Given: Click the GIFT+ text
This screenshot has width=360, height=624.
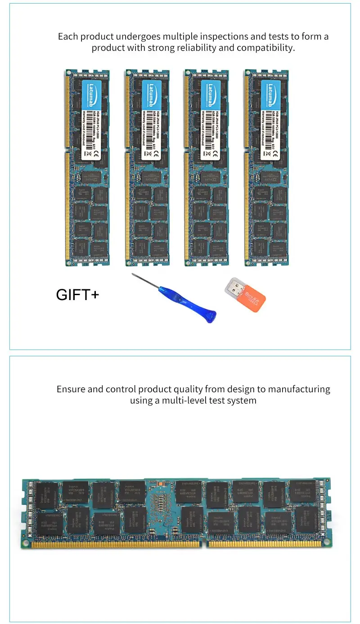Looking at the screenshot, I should [77, 295].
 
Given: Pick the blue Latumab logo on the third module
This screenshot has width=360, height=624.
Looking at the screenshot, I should [212, 93].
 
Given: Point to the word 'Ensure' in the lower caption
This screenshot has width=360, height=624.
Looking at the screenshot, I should [71, 389].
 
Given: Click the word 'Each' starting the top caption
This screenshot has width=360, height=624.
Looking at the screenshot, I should [67, 36].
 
